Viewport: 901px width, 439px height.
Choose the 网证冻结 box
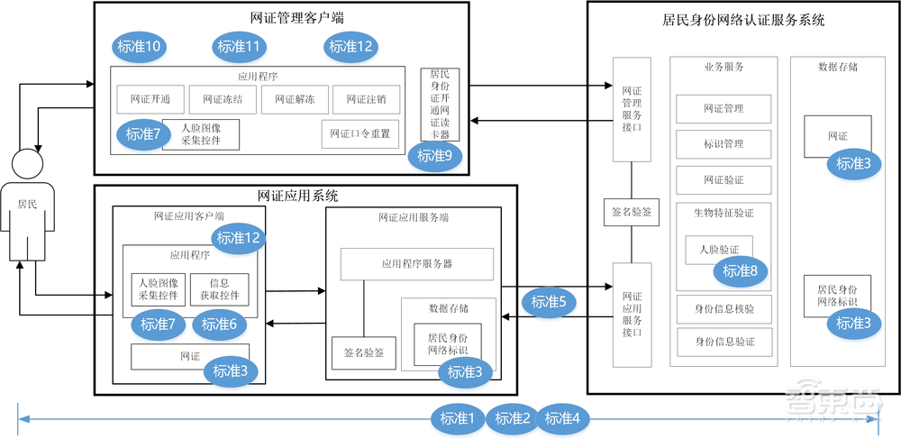[x=223, y=99]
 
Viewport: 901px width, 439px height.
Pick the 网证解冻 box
[x=295, y=99]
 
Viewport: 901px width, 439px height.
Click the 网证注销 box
[x=366, y=99]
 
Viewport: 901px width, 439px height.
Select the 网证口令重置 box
[x=360, y=133]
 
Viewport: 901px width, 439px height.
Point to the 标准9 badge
[x=435, y=155]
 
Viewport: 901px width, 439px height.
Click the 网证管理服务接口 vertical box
[x=633, y=110]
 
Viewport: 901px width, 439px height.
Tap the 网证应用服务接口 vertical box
[x=633, y=314]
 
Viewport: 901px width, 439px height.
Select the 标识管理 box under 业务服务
[x=724, y=143]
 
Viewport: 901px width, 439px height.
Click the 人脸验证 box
[x=719, y=249]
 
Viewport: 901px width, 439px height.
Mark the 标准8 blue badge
[x=741, y=270]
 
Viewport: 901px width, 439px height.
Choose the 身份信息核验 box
[x=724, y=308]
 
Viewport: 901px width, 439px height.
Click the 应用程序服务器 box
[x=416, y=264]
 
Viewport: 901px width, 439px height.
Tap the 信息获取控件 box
[x=220, y=288]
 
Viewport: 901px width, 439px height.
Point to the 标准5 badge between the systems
[x=550, y=302]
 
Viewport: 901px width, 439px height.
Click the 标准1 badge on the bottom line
[x=458, y=417]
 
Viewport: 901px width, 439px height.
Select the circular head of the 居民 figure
[x=27, y=165]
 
